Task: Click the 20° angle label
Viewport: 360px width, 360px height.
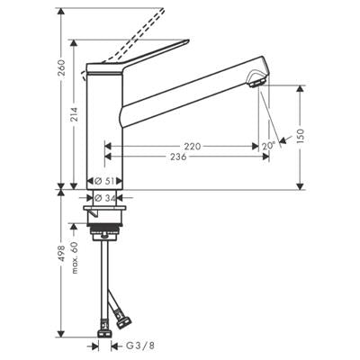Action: [268, 145]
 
